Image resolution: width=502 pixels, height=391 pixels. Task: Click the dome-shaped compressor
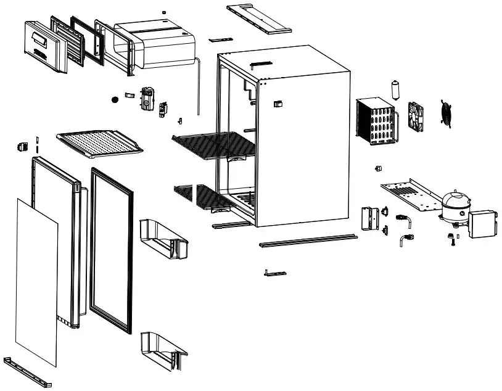tap(455, 206)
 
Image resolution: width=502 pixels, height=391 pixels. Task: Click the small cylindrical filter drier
tap(395, 89)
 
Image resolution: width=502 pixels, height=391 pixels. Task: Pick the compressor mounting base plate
tap(409, 195)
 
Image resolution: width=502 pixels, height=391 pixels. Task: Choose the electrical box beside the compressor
tap(482, 224)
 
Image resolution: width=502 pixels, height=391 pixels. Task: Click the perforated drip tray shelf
tap(99, 143)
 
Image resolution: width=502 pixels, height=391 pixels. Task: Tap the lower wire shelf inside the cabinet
tap(204, 197)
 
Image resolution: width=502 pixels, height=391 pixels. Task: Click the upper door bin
tap(163, 238)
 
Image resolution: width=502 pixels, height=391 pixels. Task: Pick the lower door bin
tap(163, 350)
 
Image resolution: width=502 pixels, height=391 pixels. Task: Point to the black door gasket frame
tap(112, 250)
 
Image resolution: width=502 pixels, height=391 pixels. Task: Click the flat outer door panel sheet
tap(36, 281)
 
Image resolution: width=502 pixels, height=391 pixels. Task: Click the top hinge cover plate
tap(258, 18)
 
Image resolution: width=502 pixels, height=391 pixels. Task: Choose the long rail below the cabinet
tap(308, 241)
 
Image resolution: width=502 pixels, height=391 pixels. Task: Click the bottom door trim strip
tap(27, 372)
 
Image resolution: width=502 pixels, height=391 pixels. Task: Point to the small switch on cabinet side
tap(278, 104)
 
